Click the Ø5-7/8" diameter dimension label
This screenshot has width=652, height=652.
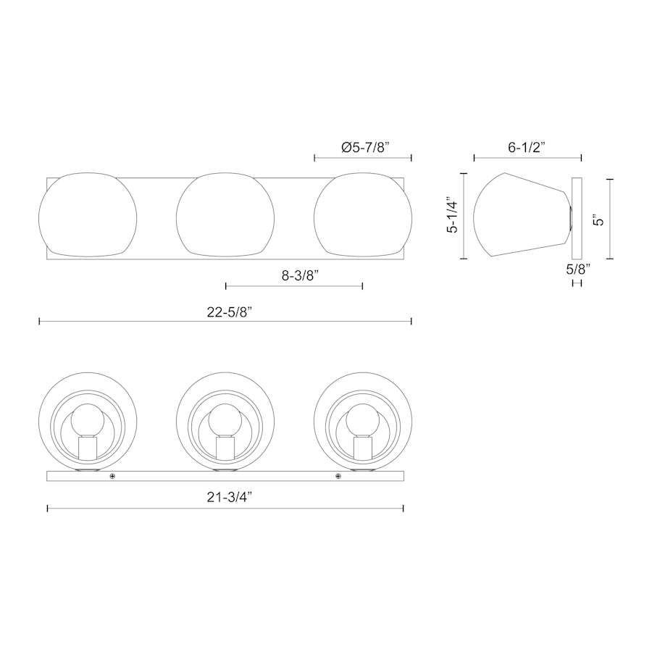click(365, 147)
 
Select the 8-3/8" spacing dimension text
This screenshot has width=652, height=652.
click(293, 275)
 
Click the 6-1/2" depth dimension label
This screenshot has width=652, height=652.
click(527, 147)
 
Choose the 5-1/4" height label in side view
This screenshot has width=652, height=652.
click(453, 214)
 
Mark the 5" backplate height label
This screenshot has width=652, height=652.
click(597, 219)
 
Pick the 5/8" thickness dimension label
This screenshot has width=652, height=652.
click(577, 268)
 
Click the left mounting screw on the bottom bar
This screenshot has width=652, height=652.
click(112, 476)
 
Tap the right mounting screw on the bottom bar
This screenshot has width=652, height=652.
click(338, 476)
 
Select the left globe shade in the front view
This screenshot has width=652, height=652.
click(87, 215)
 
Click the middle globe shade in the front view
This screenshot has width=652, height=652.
click(225, 215)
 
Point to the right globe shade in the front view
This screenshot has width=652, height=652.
click(362, 215)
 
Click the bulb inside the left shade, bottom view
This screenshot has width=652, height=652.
click(87, 418)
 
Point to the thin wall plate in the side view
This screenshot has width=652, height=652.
click(577, 218)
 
